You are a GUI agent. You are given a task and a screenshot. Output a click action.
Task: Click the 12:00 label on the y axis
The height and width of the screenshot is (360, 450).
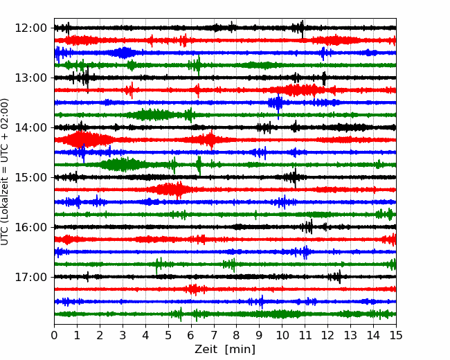pyautogui.click(x=30, y=28)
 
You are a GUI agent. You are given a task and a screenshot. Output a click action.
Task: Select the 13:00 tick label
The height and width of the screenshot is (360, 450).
pyautogui.click(x=30, y=78)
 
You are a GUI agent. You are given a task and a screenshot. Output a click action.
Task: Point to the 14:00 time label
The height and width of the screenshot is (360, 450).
pyautogui.click(x=30, y=127)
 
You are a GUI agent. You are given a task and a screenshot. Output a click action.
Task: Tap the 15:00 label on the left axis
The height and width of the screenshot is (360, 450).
pyautogui.click(x=30, y=177)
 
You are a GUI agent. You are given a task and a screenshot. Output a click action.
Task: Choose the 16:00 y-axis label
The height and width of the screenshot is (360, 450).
pyautogui.click(x=30, y=227)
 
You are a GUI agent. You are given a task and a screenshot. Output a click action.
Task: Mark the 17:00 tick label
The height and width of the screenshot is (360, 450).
pyautogui.click(x=30, y=277)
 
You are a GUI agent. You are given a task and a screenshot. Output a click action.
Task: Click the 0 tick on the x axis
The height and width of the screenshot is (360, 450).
pyautogui.click(x=54, y=335)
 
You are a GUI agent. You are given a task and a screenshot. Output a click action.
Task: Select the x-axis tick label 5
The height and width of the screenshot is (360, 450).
pyautogui.click(x=168, y=335)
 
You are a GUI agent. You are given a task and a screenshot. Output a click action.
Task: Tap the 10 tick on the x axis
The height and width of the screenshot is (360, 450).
pyautogui.click(x=282, y=335)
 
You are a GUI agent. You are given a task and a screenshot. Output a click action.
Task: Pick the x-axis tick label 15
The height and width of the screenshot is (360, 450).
pyautogui.click(x=396, y=335)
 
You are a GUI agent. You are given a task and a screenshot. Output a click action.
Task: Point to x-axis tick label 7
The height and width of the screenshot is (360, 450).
pyautogui.click(x=214, y=335)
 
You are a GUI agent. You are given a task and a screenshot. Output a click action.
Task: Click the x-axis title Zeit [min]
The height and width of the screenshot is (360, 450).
pyautogui.click(x=225, y=350)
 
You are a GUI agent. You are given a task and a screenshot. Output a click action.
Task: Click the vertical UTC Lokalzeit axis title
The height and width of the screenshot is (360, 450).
pyautogui.click(x=5, y=172)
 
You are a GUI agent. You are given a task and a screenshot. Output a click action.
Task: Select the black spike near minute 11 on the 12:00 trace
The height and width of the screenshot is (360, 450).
pyautogui.click(x=302, y=28)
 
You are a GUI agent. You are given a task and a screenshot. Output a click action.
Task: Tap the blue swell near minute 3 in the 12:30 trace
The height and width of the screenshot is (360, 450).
pyautogui.click(x=124, y=53)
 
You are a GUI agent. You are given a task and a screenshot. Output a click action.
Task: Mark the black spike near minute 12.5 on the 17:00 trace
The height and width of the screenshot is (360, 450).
pyautogui.click(x=340, y=277)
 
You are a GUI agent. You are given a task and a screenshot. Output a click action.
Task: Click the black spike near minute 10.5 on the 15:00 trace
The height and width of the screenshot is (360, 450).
pyautogui.click(x=295, y=178)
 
